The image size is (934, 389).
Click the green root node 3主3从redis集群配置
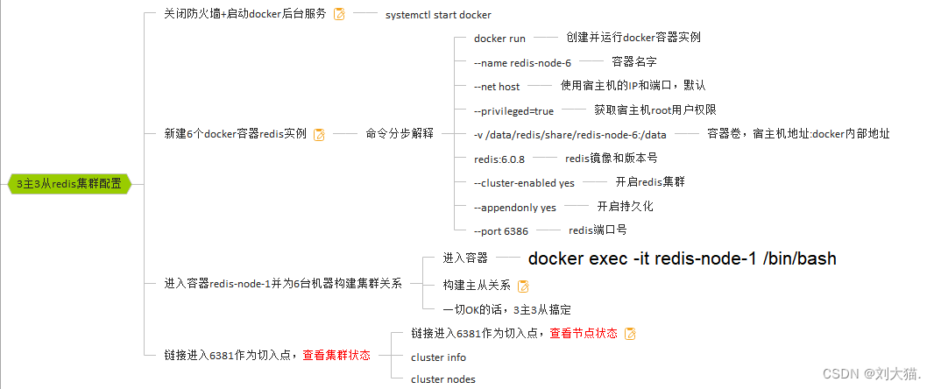point(68,184)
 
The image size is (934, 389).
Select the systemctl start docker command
point(438,15)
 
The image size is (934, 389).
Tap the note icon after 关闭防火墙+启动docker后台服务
point(339,14)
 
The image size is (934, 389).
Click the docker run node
point(499,39)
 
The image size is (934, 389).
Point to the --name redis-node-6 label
point(522,63)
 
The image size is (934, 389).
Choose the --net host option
point(497,87)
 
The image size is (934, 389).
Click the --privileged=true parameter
point(513,111)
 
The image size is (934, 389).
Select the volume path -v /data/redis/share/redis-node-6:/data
point(570,135)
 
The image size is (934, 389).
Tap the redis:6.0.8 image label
point(499,159)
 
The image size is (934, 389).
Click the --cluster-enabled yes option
point(524,183)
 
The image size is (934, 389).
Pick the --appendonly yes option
point(514,208)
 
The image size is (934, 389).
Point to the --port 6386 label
point(501,231)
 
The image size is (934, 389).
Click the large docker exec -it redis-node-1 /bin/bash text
point(682,258)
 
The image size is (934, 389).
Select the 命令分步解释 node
point(400,134)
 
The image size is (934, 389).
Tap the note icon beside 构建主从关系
point(523,286)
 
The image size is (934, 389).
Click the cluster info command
point(438,357)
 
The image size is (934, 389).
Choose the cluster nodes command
point(442,379)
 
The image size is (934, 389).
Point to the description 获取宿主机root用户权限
point(655,110)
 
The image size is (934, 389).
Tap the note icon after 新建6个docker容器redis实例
point(319,134)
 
